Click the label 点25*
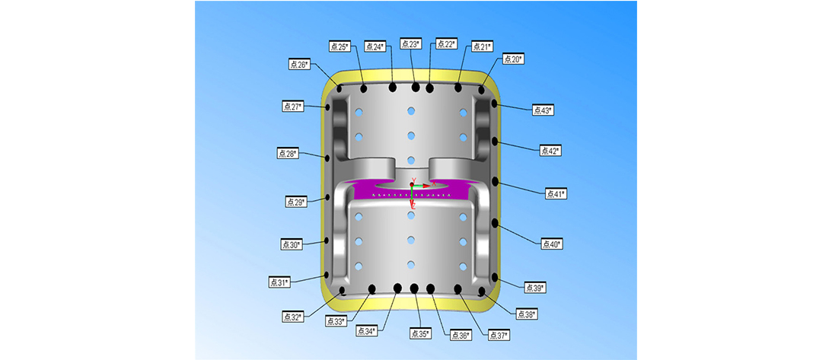tap(339, 46)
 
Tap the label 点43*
tap(542, 110)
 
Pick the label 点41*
tap(556, 193)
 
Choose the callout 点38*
tap(526, 314)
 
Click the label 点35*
tap(419, 333)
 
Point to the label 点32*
tap(293, 316)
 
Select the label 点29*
tap(296, 202)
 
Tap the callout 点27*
tap(292, 107)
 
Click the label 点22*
tap(445, 44)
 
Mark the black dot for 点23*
tap(416, 88)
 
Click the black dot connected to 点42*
tap(496, 142)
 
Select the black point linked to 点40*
tap(496, 223)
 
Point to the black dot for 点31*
tap(327, 274)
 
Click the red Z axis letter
tap(413, 205)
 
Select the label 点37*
tap(498, 335)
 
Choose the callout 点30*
tap(292, 244)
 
